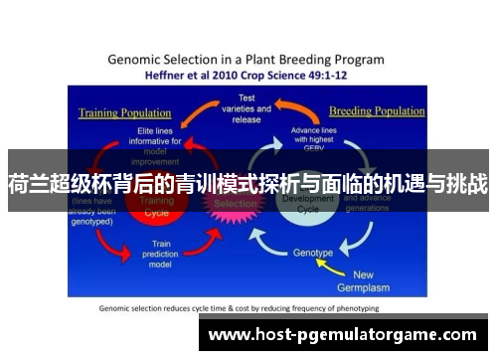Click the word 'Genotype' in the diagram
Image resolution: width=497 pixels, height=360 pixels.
[x=312, y=253]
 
